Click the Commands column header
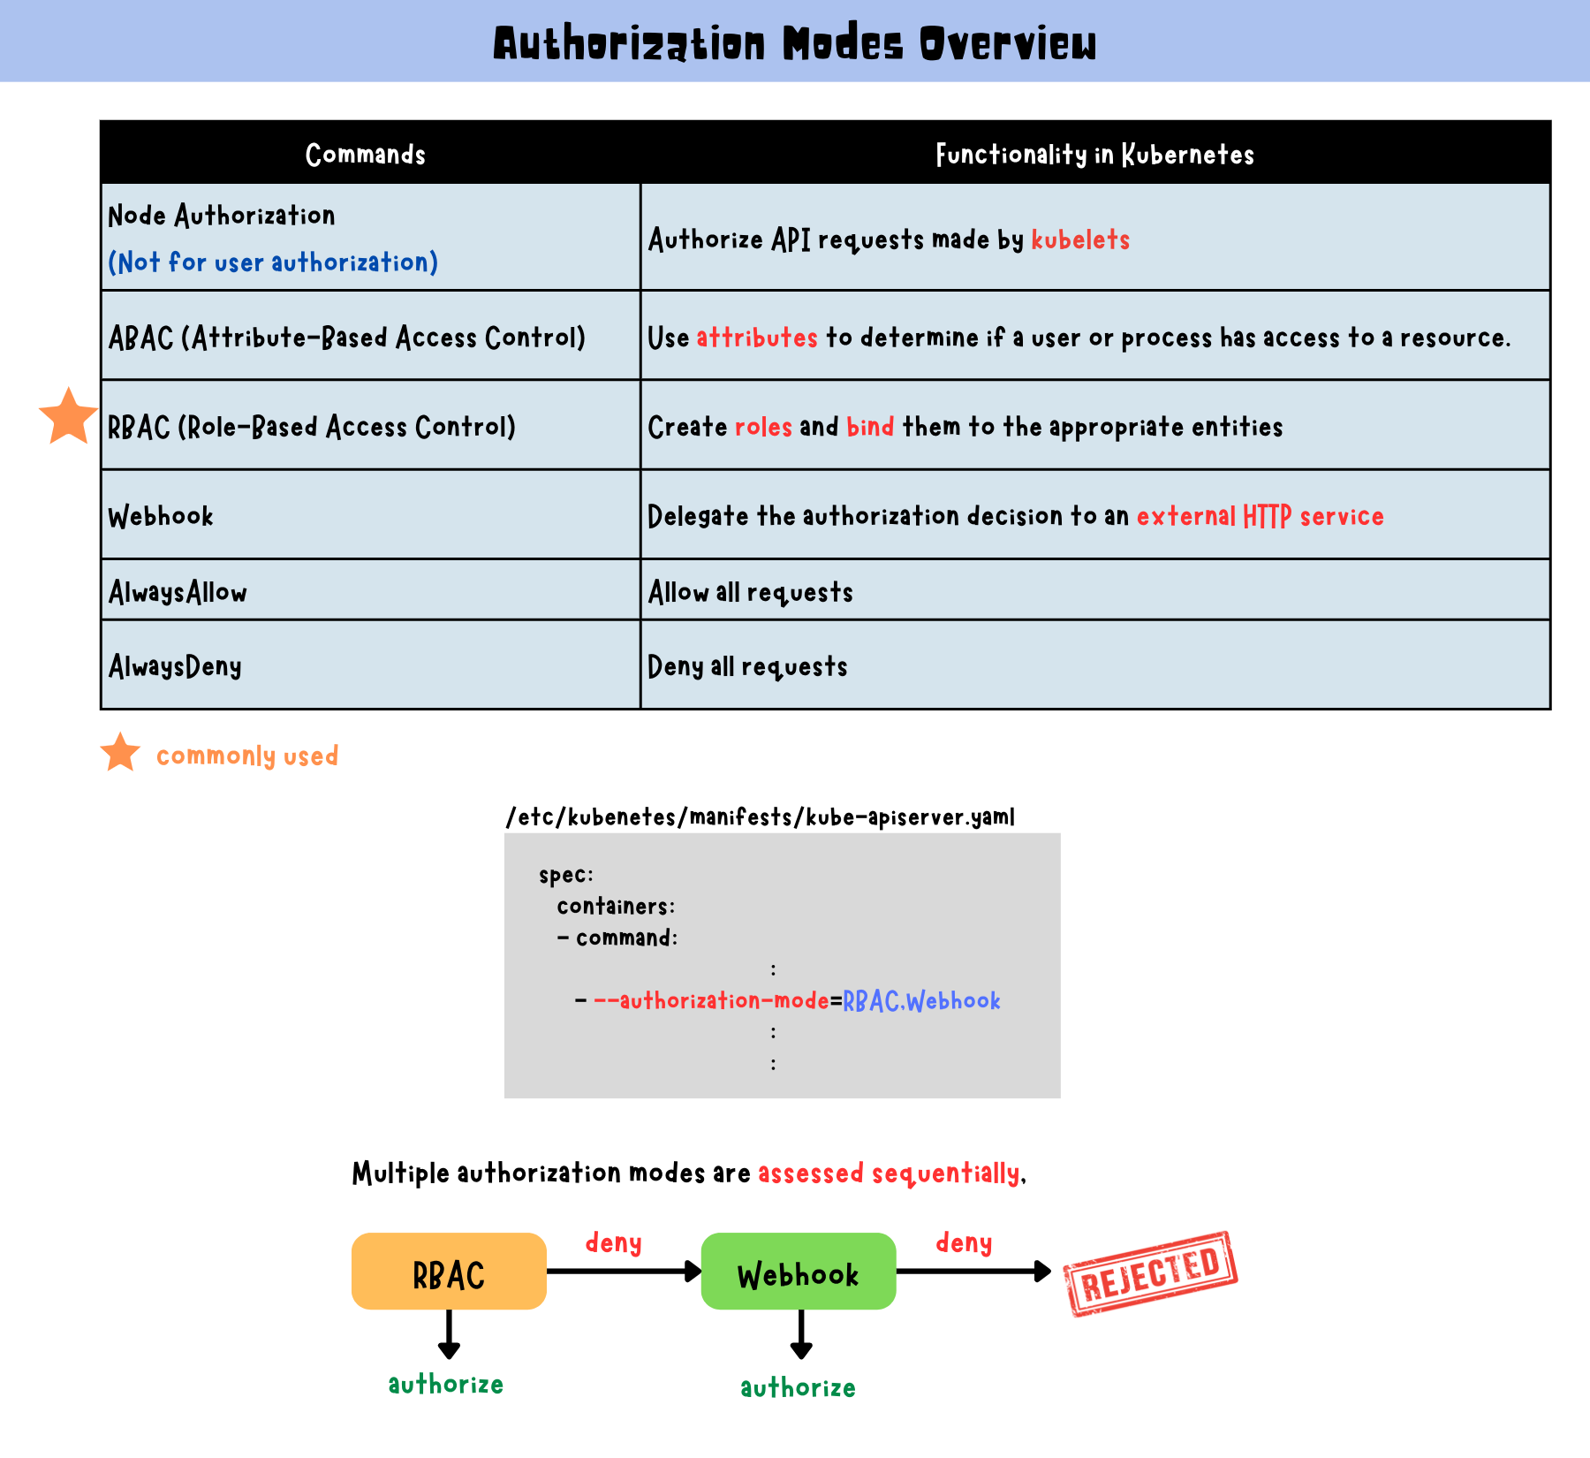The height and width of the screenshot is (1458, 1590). click(365, 155)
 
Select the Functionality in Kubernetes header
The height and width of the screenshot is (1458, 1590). click(1094, 155)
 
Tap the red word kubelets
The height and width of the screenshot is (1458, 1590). click(1080, 239)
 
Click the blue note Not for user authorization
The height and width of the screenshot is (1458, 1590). click(273, 262)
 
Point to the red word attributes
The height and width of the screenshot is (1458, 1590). click(757, 338)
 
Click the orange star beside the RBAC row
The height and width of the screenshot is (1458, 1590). click(68, 417)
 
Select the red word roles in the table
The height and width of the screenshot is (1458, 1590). click(763, 427)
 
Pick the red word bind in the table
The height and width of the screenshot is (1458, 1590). click(870, 427)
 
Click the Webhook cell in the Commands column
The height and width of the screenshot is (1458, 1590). click(161, 516)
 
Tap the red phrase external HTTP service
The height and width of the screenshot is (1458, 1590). click(1260, 516)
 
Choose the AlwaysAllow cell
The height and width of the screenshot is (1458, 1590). click(178, 592)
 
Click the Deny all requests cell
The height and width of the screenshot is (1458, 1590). click(747, 666)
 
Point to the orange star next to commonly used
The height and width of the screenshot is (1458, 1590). click(120, 753)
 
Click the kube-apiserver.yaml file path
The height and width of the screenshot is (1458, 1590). click(761, 816)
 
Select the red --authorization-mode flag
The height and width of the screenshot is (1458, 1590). click(711, 1000)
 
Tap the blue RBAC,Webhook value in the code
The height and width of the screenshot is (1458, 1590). click(921, 1000)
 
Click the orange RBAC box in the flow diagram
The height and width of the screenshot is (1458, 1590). click(449, 1272)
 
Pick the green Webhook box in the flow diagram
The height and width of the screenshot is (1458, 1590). click(799, 1272)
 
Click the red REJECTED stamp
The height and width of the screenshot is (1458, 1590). click(1150, 1273)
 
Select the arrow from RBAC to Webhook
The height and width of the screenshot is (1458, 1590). click(624, 1272)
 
